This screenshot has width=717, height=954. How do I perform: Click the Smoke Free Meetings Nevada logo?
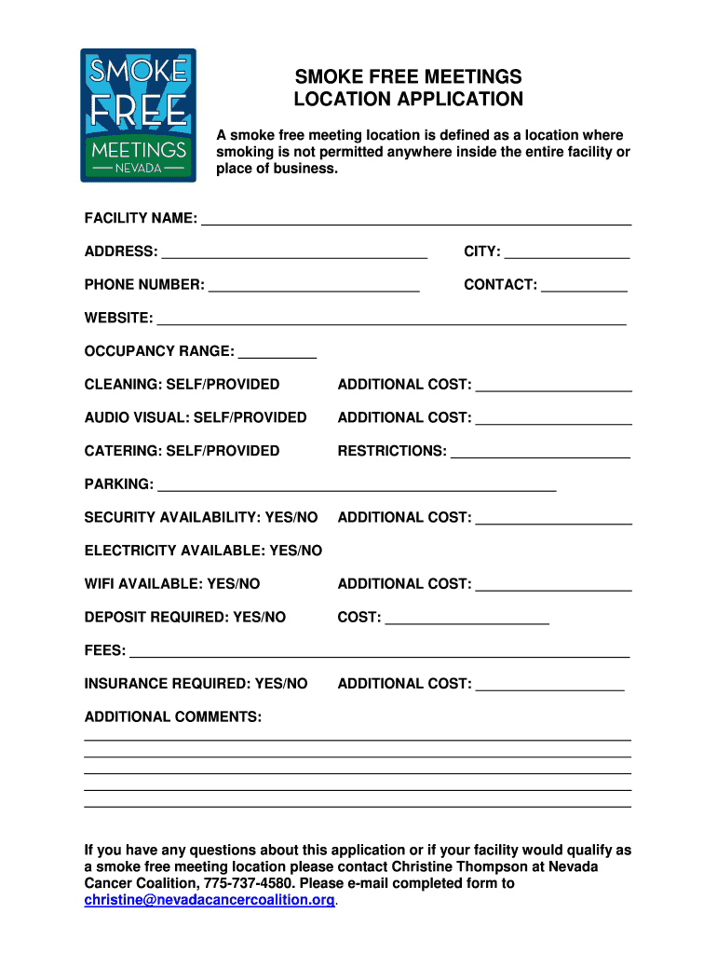coord(138,115)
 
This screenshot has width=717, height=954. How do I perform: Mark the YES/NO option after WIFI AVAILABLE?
coord(233,584)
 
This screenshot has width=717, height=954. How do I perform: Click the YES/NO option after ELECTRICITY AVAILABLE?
coord(295,551)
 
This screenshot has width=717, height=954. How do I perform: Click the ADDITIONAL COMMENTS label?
coord(173,717)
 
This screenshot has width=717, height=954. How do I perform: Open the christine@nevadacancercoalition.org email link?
coord(210,900)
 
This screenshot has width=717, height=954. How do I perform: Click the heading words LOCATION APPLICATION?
coord(409,99)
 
